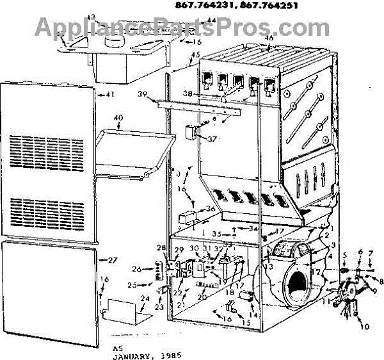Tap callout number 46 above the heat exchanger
tap(269, 38)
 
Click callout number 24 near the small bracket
tap(145, 298)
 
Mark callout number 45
tap(195, 54)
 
